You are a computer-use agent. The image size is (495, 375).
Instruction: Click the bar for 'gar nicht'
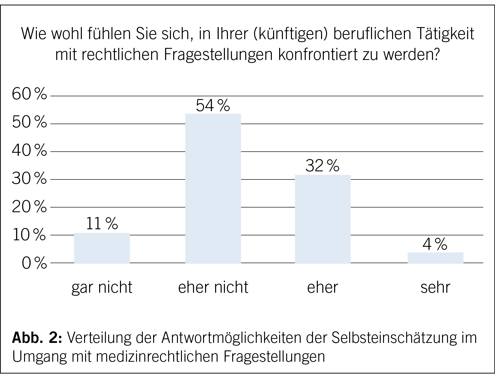click(x=102, y=248)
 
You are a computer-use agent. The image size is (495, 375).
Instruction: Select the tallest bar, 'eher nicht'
click(x=213, y=189)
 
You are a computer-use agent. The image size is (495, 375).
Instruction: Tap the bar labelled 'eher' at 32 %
click(x=323, y=219)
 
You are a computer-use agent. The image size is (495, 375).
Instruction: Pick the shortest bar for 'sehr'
click(x=435, y=258)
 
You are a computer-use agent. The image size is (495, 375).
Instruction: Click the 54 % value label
click(x=213, y=106)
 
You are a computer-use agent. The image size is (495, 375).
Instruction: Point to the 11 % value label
click(x=102, y=223)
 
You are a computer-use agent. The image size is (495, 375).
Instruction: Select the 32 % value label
click(x=322, y=166)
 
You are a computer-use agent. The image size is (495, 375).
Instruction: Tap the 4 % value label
click(x=435, y=244)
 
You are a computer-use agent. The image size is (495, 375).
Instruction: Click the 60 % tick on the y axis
click(x=29, y=95)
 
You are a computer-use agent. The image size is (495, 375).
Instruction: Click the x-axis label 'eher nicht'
click(x=213, y=287)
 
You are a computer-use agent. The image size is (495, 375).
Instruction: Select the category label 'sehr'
click(x=435, y=287)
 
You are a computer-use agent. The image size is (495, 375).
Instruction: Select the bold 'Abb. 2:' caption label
click(x=37, y=338)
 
